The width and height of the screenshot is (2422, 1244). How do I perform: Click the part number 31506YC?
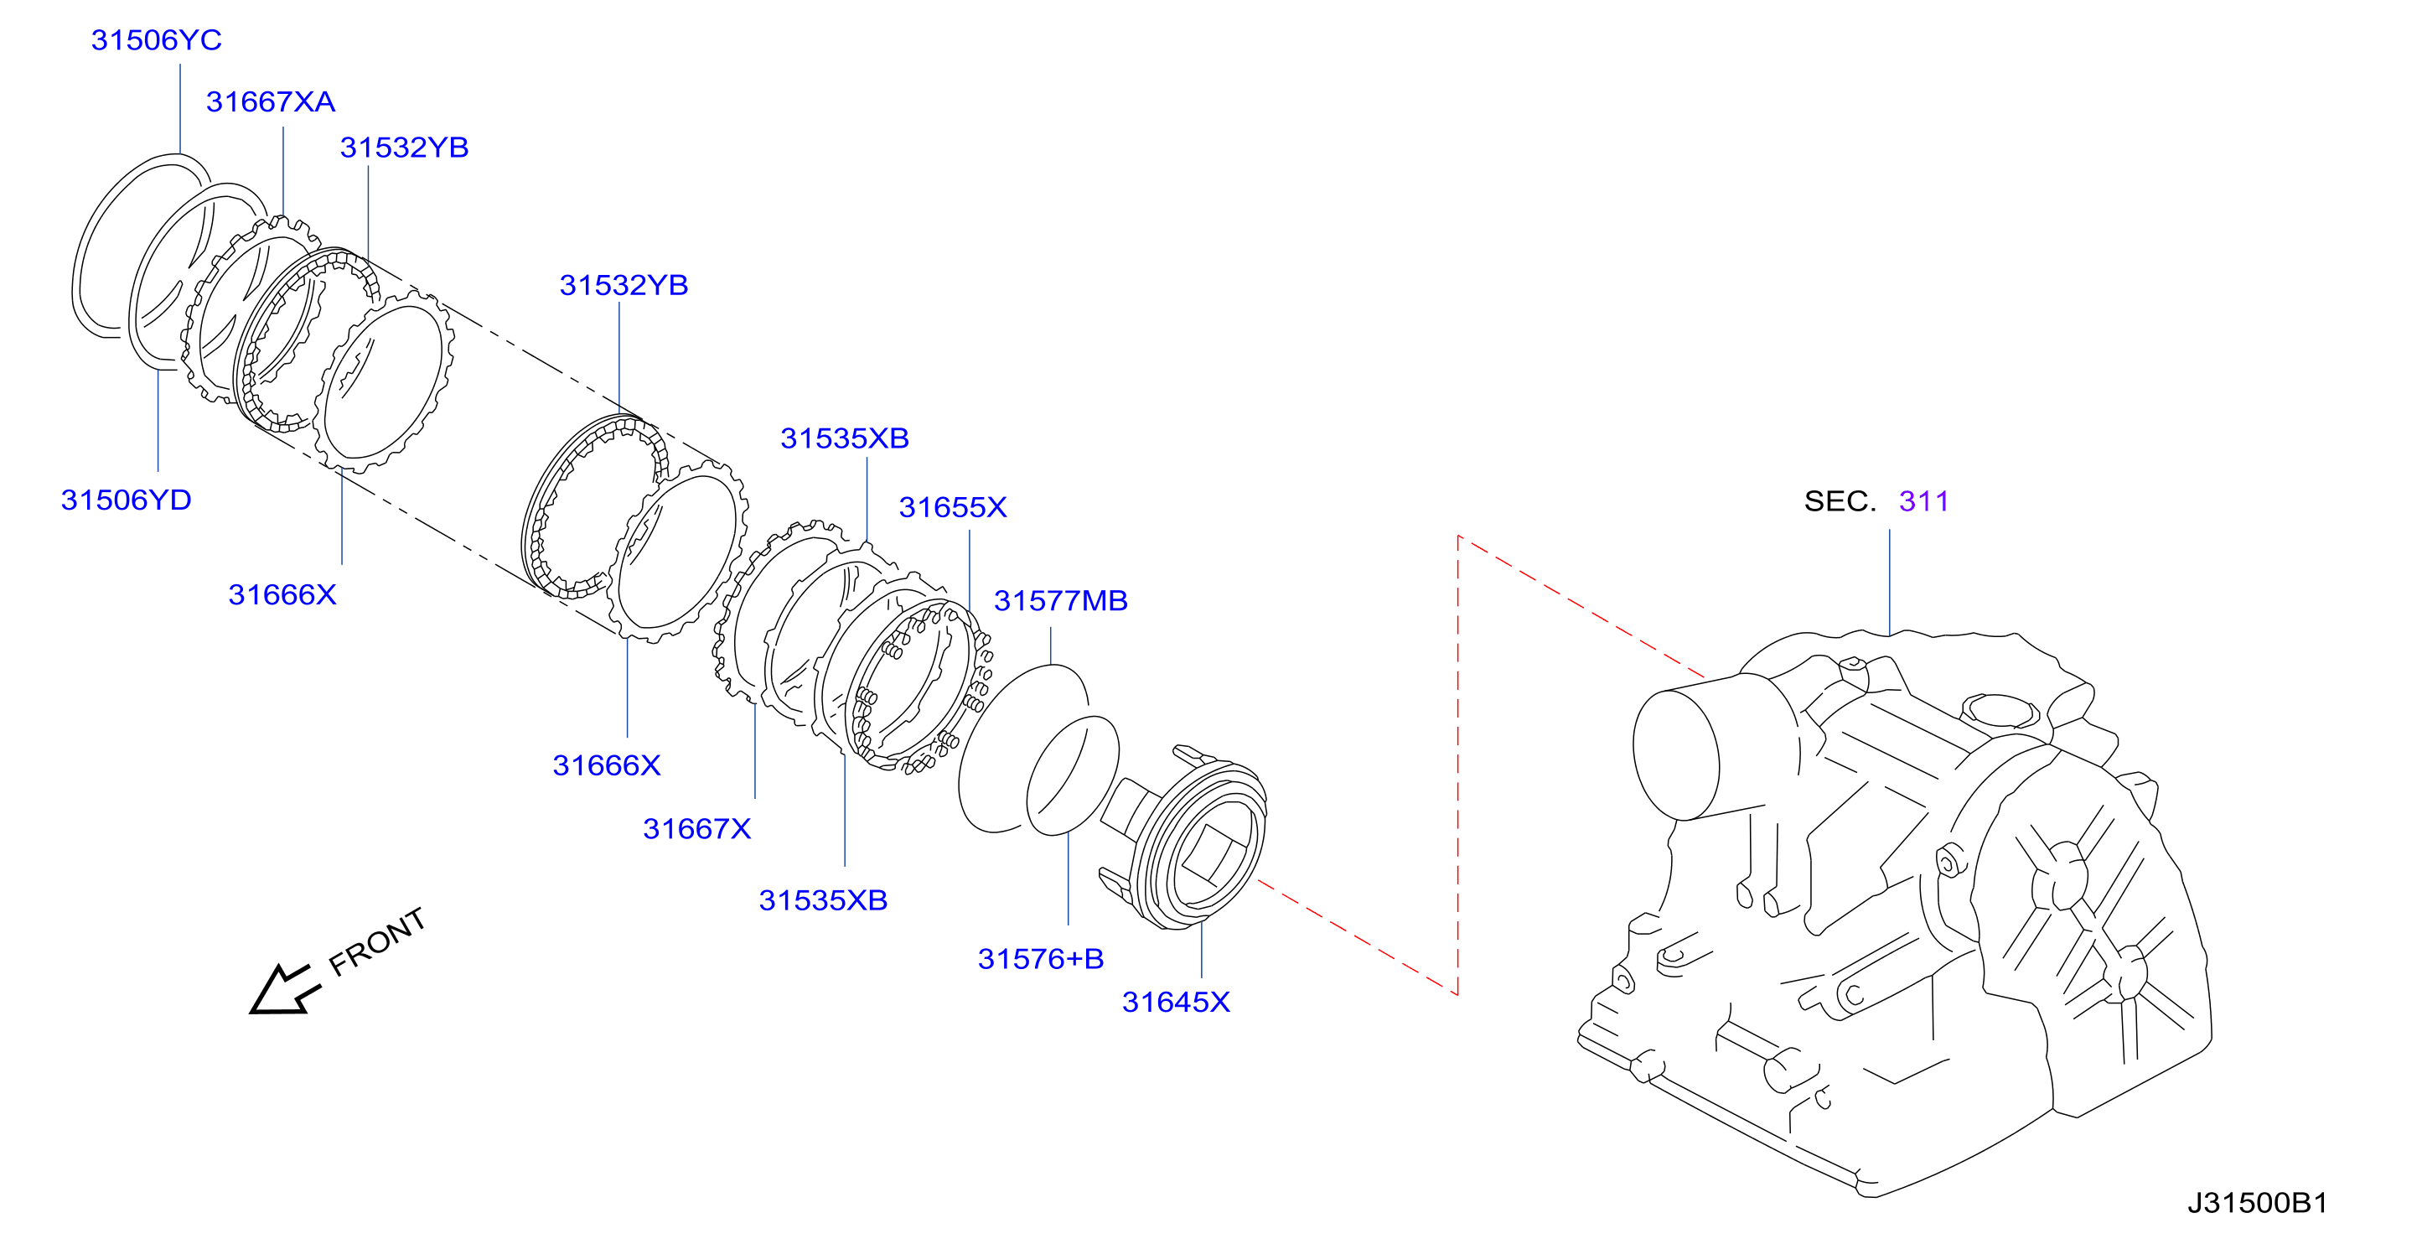pos(156,40)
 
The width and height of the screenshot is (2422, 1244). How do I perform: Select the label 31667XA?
pos(271,101)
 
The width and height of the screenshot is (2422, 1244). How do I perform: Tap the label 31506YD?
pos(126,500)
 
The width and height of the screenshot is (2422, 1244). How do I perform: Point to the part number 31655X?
pos(952,508)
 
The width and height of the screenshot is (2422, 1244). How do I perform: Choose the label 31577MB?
pos(1060,601)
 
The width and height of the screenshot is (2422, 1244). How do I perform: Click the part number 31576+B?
pos(1041,959)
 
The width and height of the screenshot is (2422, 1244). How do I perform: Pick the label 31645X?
pos(1175,1003)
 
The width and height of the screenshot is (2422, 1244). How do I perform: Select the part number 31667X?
pos(696,829)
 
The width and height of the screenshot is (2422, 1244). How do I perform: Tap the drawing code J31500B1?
pos(2257,1204)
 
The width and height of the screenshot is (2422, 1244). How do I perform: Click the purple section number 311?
pos(1923,501)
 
